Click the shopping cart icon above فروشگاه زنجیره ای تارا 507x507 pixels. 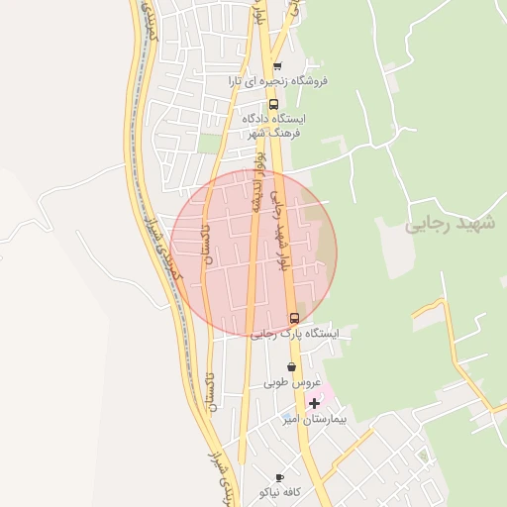tap(276, 66)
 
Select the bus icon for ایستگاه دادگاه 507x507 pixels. tap(273, 103)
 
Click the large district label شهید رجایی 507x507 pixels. tap(448, 224)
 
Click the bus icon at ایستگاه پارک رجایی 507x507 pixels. tap(294, 318)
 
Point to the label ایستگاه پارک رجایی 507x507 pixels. tap(294, 334)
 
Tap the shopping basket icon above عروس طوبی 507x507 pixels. tap(290, 367)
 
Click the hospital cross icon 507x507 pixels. tap(315, 402)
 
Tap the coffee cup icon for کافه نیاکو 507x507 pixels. tap(279, 477)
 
